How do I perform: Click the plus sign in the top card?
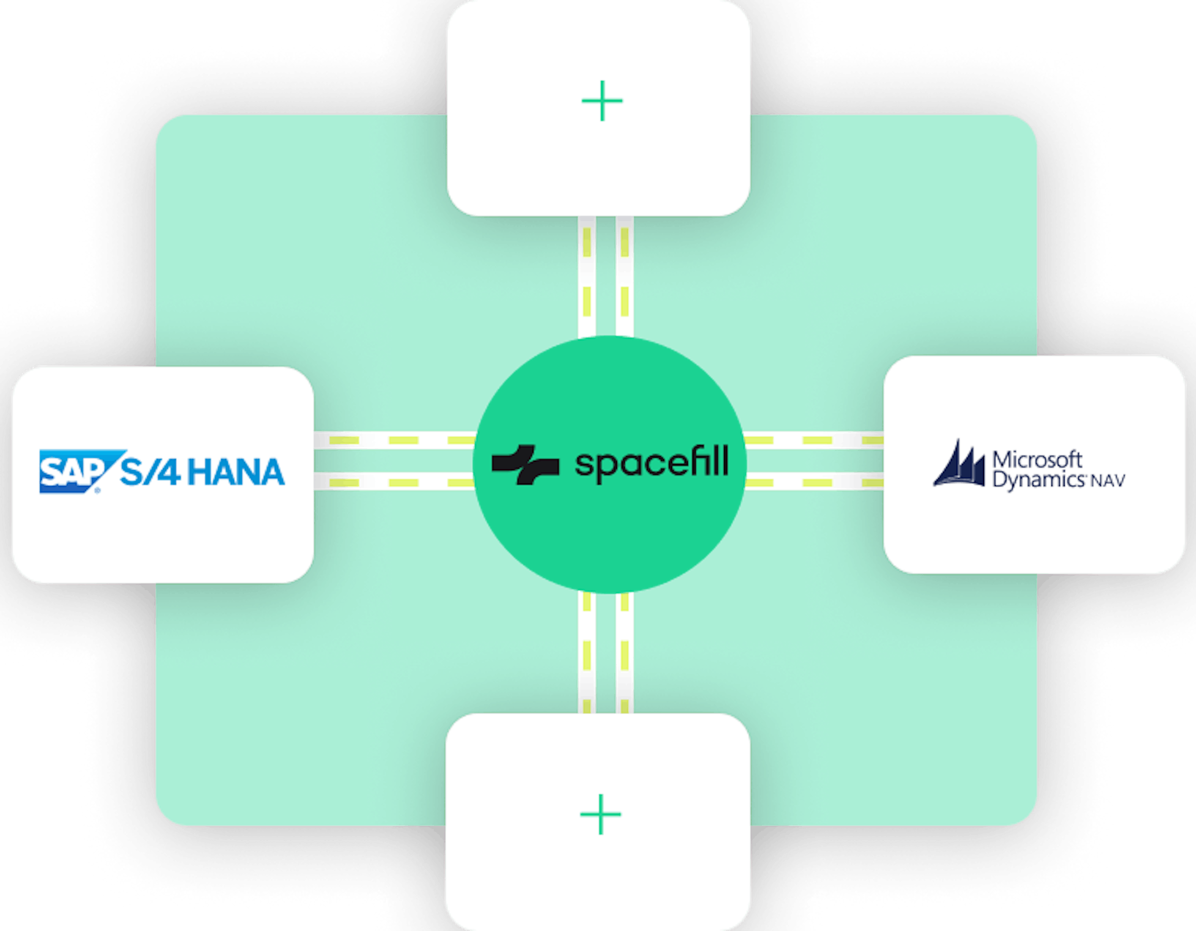(x=602, y=101)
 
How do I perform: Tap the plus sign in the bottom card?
(x=601, y=814)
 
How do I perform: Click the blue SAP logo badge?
(x=77, y=471)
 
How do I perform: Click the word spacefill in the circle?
(x=652, y=464)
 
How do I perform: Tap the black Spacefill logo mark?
(x=525, y=464)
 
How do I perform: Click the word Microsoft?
(x=1037, y=460)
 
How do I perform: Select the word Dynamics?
(x=1038, y=481)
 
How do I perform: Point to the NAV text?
(x=1108, y=481)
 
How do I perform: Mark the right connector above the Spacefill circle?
(x=625, y=276)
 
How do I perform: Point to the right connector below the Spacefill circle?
(x=625, y=653)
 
